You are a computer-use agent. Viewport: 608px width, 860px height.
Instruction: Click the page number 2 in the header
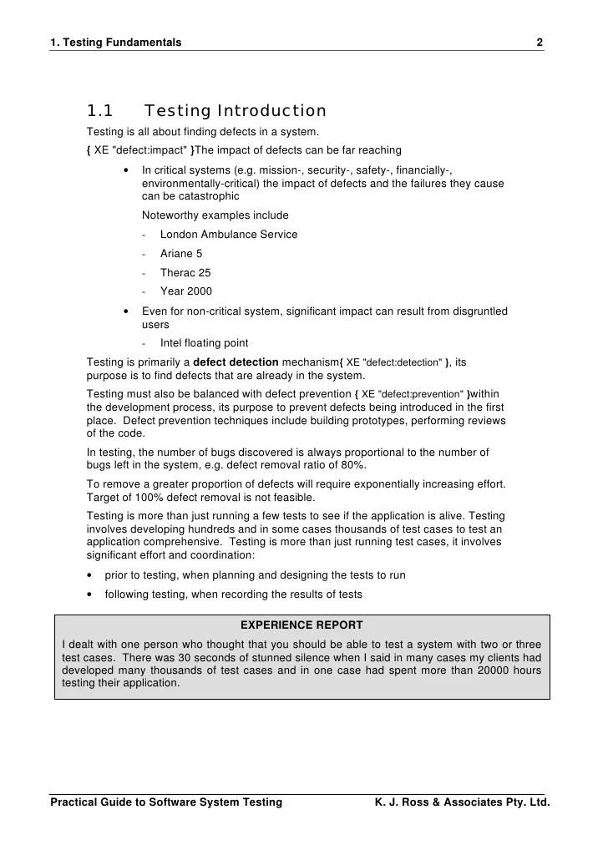click(x=540, y=43)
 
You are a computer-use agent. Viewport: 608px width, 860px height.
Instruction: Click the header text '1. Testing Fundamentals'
click(x=116, y=43)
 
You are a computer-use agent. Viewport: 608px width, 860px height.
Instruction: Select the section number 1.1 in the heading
click(x=100, y=111)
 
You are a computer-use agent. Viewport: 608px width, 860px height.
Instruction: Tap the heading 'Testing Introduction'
click(x=236, y=111)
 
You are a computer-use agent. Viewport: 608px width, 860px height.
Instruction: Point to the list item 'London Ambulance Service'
click(x=228, y=235)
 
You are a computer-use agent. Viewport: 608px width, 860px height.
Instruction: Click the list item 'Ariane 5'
click(x=181, y=254)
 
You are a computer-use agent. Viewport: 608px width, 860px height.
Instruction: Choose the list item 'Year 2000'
click(x=185, y=292)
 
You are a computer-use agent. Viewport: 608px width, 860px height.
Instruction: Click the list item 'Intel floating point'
click(x=204, y=343)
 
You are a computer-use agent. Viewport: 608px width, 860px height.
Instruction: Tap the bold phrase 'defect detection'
click(x=236, y=362)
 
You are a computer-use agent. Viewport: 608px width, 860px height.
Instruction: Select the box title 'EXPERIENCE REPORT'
click(x=301, y=625)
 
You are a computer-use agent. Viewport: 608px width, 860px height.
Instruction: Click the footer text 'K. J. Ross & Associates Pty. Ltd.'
click(x=464, y=803)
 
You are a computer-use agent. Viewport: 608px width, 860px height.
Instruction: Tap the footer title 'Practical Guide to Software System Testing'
click(x=166, y=803)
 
